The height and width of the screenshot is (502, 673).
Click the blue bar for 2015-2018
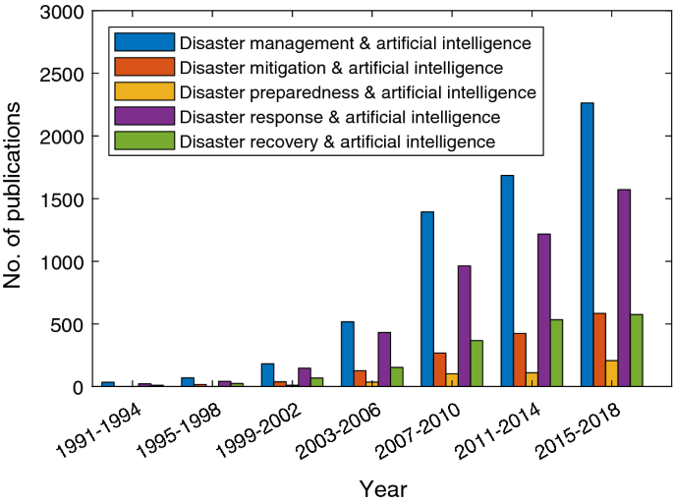[x=587, y=245]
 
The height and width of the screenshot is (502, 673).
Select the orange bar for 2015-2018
[x=599, y=350]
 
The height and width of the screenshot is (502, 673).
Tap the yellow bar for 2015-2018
[x=612, y=373]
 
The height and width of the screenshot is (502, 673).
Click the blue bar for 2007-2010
[x=427, y=299]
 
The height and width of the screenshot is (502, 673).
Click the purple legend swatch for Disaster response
[x=144, y=117]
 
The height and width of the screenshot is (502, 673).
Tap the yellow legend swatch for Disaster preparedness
[x=144, y=92]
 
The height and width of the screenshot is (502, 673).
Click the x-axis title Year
[x=382, y=488]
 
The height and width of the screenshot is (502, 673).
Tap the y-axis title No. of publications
[x=14, y=199]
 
